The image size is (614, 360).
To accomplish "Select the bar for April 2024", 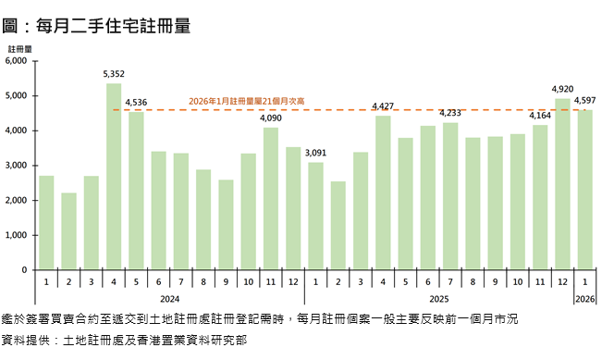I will pyautogui.click(x=114, y=177).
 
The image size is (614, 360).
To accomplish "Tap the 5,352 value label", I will pyautogui.click(x=114, y=73).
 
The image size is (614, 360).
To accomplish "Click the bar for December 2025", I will pyautogui.click(x=562, y=184).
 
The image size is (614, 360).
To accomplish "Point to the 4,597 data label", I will pyautogui.click(x=584, y=100).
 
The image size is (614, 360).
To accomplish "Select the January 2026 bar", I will pyautogui.click(x=584, y=190).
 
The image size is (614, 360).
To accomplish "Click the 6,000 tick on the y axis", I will pyautogui.click(x=18, y=61).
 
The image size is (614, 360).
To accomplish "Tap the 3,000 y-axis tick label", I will pyautogui.click(x=18, y=166).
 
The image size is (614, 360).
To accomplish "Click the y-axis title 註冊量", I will pyautogui.click(x=19, y=47).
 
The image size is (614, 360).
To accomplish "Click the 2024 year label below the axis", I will pyautogui.click(x=169, y=299).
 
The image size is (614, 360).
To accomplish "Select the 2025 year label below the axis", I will pyautogui.click(x=438, y=299).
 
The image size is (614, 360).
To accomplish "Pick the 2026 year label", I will pyautogui.click(x=584, y=299).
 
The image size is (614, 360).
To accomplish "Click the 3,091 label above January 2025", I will pyautogui.click(x=315, y=153).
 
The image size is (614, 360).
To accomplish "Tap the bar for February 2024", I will pyautogui.click(x=68, y=231).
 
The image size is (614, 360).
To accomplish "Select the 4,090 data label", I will pyautogui.click(x=270, y=118).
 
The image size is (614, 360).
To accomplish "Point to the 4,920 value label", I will pyautogui.click(x=562, y=89).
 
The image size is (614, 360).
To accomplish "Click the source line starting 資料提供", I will pyautogui.click(x=125, y=341).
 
